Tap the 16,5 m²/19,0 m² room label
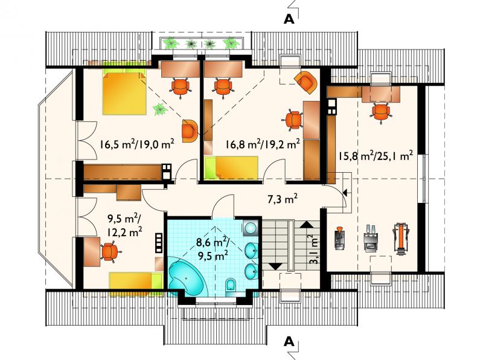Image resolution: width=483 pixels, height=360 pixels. click(137, 144)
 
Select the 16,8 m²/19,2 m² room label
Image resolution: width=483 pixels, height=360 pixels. click(263, 144)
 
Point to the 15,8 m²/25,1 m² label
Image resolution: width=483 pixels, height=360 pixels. click(376, 156)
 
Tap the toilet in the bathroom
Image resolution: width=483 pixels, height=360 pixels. click(230, 284)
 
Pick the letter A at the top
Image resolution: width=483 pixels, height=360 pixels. click(289, 19)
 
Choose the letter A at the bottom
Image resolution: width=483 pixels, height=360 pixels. click(289, 341)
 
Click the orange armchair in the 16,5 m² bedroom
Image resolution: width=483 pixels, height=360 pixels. click(189, 131)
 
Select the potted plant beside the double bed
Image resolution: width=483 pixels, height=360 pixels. click(160, 109)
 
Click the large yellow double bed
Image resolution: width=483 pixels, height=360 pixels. click(124, 92)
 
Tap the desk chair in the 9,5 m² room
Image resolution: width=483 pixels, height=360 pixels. click(109, 252)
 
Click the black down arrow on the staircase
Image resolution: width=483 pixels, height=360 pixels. click(275, 266)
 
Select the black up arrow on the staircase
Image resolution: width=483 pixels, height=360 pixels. click(307, 224)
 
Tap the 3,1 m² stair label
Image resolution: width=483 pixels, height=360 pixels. click(313, 249)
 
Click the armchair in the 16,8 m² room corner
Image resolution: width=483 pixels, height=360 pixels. click(305, 82)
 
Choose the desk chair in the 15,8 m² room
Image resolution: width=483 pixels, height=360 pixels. click(381, 112)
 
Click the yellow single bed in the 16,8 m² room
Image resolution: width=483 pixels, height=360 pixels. click(231, 168)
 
